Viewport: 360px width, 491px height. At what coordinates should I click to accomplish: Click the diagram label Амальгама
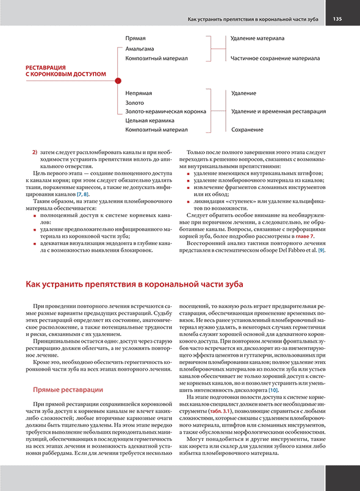(x=139, y=48)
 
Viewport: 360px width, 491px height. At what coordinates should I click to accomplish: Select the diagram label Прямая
(x=135, y=38)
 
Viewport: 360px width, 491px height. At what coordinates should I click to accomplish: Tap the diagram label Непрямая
(x=139, y=93)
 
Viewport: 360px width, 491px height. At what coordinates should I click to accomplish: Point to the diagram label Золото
(x=135, y=102)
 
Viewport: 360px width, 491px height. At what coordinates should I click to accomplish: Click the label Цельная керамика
(x=150, y=121)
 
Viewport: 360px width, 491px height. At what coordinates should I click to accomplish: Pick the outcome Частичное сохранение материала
(x=275, y=58)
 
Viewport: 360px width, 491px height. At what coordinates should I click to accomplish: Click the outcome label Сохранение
(x=247, y=130)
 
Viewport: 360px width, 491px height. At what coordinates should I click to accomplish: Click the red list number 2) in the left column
(x=35, y=151)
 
